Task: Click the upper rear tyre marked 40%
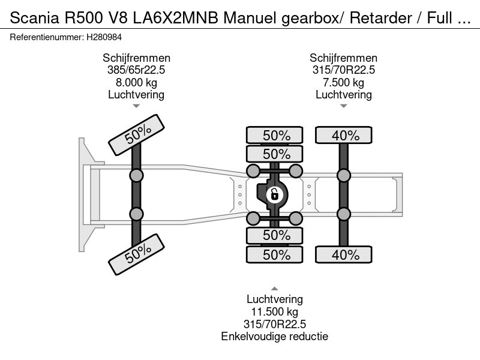[x=344, y=136]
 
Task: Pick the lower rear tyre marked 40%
[x=344, y=254]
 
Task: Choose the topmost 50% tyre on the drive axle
[x=276, y=136]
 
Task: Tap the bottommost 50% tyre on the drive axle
[x=276, y=254]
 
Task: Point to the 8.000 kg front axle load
[x=136, y=82]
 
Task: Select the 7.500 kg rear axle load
[x=343, y=82]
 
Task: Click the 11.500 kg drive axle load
[x=275, y=311]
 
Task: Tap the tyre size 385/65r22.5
[x=136, y=70]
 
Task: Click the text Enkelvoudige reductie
[x=275, y=336]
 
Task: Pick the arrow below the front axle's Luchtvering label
[x=136, y=106]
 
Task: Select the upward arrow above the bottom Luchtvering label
[x=275, y=289]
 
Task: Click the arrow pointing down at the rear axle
[x=343, y=106]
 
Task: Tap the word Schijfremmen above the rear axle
[x=343, y=58]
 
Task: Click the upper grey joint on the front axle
[x=137, y=175]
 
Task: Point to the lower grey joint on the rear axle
[x=344, y=214]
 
